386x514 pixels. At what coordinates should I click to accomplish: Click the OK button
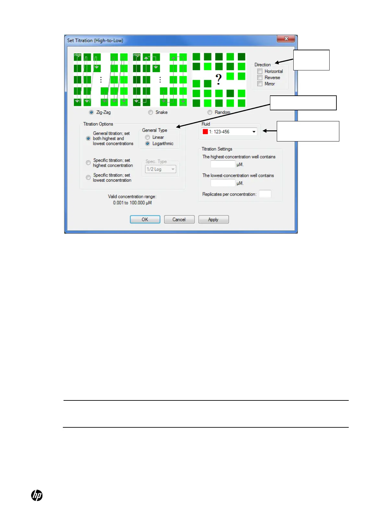pos(145,220)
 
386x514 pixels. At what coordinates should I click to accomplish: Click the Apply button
pos(213,220)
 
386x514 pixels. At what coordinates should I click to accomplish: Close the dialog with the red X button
pos(286,39)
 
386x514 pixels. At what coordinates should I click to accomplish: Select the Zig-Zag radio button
pos(91,112)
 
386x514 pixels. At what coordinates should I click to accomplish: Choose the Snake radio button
pos(150,112)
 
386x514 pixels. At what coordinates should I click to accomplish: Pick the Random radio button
pos(210,112)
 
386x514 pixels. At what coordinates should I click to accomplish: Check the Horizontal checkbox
pos(260,71)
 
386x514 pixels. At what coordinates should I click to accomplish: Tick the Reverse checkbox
pos(260,78)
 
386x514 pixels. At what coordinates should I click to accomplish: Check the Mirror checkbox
pos(260,84)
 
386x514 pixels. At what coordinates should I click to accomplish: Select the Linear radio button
pos(147,137)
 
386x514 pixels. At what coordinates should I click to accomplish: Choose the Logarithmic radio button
pos(147,143)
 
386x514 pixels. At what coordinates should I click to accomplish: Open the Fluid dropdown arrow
pos(254,132)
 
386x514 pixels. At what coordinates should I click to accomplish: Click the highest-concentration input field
pos(223,165)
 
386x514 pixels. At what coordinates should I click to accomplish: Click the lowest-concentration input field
pos(223,183)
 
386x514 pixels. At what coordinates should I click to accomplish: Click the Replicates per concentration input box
pos(265,194)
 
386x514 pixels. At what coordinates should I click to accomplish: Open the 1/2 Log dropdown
pos(160,169)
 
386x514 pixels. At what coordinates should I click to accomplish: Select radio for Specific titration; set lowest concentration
pos(88,177)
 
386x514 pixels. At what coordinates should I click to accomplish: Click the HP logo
pos(37,496)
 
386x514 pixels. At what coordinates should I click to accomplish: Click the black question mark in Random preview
pos(219,79)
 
